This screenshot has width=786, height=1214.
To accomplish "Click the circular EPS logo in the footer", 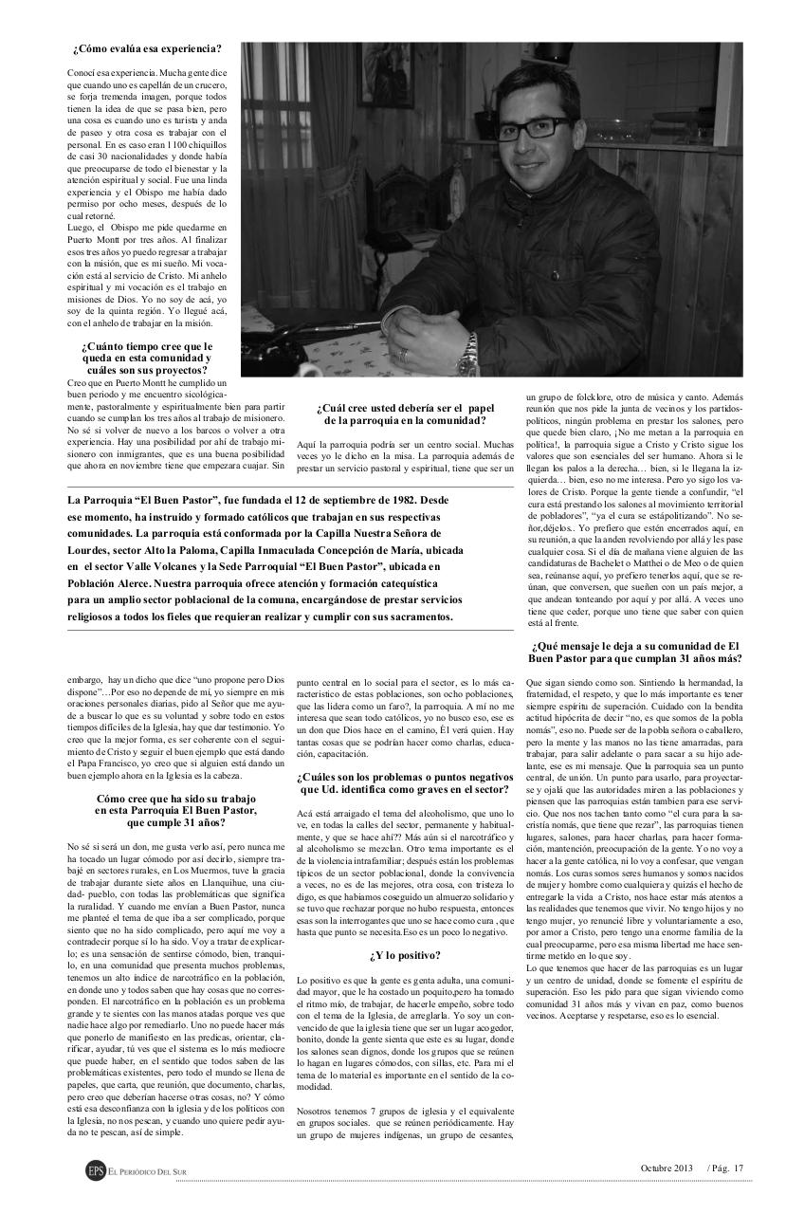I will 95,1170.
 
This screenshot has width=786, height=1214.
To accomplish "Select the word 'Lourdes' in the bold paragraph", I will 93,550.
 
